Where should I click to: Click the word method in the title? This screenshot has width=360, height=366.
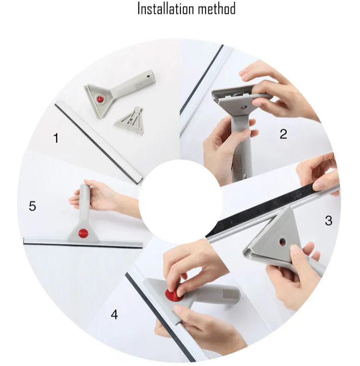pyautogui.click(x=217, y=9)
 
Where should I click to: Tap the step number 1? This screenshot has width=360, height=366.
pyautogui.click(x=56, y=138)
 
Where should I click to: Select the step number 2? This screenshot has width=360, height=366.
pyautogui.click(x=283, y=134)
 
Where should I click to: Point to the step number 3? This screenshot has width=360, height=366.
pyautogui.click(x=328, y=220)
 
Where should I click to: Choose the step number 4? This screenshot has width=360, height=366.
pyautogui.click(x=114, y=315)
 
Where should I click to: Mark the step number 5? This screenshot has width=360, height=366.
pyautogui.click(x=33, y=206)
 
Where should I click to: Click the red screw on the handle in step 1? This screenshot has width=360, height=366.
pyautogui.click(x=100, y=99)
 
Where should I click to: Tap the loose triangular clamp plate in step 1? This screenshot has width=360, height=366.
pyautogui.click(x=129, y=121)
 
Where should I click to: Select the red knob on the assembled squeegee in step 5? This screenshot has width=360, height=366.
pyautogui.click(x=84, y=233)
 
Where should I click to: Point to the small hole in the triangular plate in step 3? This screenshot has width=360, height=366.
pyautogui.click(x=282, y=243)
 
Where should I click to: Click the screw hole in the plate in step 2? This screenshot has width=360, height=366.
pyautogui.click(x=244, y=107)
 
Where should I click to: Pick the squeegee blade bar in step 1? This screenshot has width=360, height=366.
pyautogui.click(x=98, y=142)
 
